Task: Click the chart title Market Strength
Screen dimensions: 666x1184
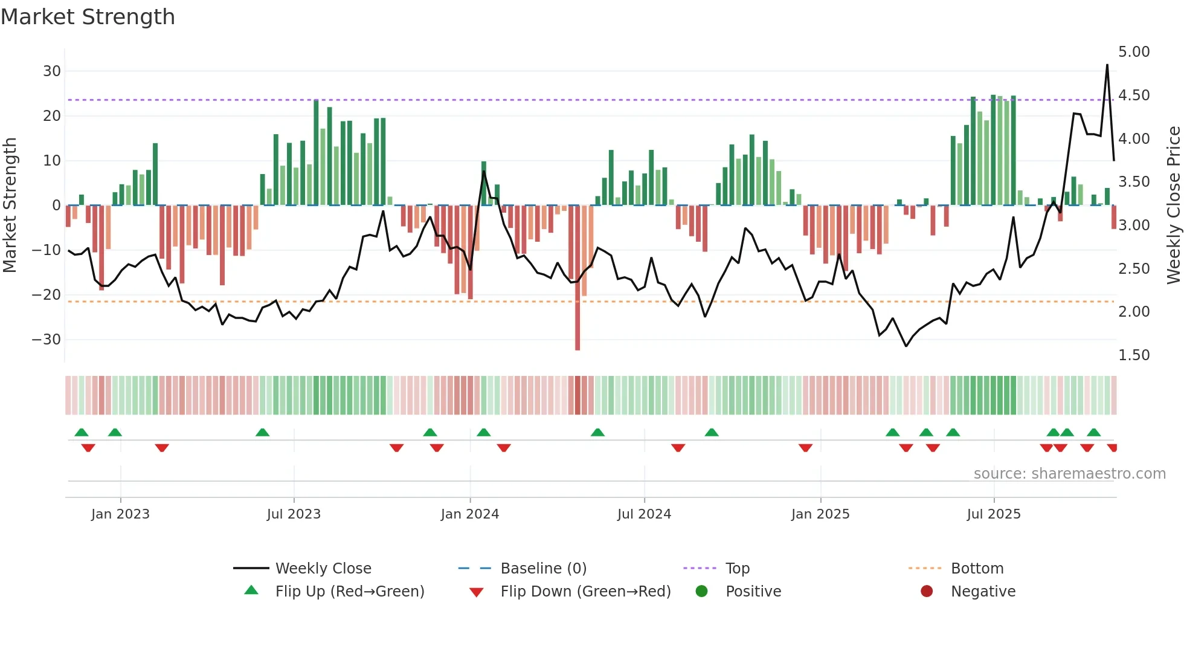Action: click(88, 17)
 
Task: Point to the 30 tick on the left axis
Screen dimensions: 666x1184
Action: click(52, 71)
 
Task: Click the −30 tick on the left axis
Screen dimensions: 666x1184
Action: click(47, 340)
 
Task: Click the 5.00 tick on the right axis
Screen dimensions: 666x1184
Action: click(1134, 52)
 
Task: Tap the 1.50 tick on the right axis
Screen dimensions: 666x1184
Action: click(1134, 355)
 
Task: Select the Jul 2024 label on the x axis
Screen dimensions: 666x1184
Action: click(644, 514)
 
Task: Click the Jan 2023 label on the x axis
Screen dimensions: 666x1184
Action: click(120, 514)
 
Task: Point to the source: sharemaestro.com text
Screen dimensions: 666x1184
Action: click(1069, 474)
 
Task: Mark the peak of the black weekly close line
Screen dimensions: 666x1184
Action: click(1107, 65)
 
